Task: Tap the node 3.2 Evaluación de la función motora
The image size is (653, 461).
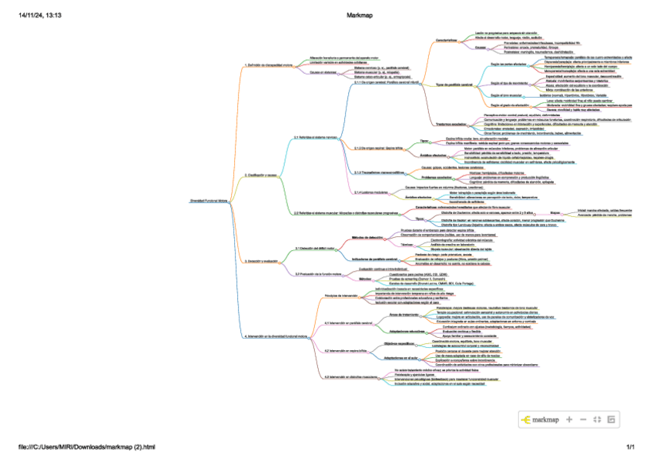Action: [x=319, y=273]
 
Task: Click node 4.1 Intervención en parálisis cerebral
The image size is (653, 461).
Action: [x=348, y=322]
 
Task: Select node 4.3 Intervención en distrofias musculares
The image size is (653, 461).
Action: [x=351, y=376]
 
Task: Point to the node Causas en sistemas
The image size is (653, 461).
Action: [x=323, y=73]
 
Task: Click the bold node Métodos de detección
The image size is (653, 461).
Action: [x=368, y=238]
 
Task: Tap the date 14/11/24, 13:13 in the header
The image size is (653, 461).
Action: [x=40, y=15]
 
